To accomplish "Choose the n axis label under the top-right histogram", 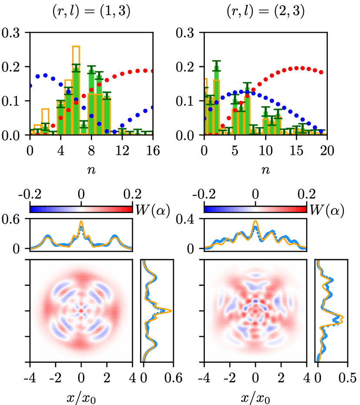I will pyautogui.click(x=265, y=171).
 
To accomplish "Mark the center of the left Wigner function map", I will pyautogui.click(x=81, y=311).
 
